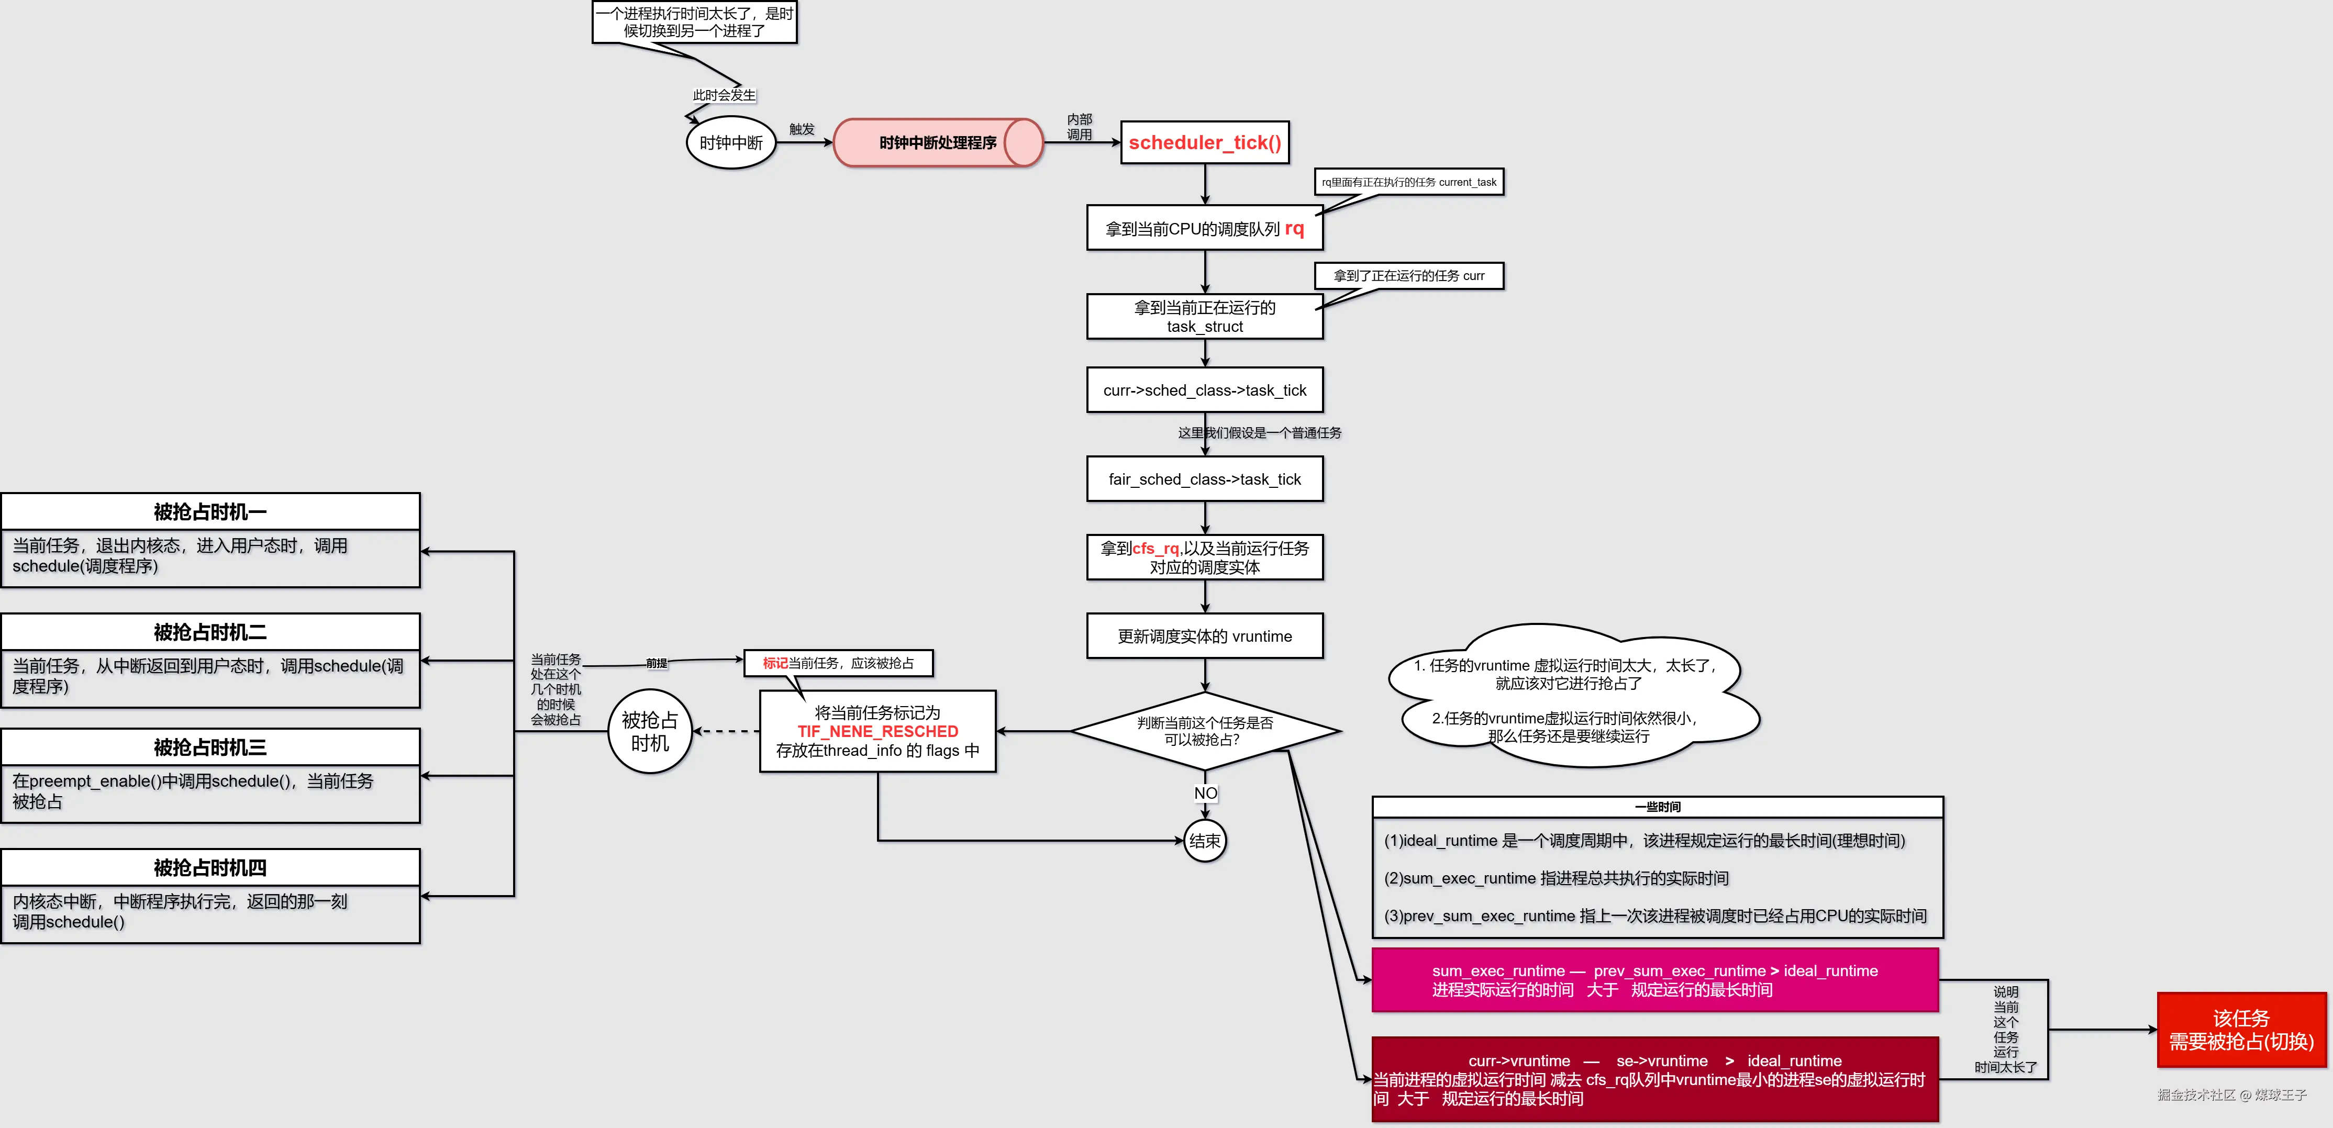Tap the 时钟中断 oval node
[x=731, y=143]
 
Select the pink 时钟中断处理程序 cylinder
[x=937, y=143]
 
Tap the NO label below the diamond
[x=1205, y=793]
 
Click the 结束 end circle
[x=1205, y=841]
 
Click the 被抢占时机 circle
[x=649, y=731]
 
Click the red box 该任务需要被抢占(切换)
[x=2241, y=1030]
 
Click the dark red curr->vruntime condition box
[x=1654, y=1079]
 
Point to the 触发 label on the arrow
[x=802, y=129]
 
